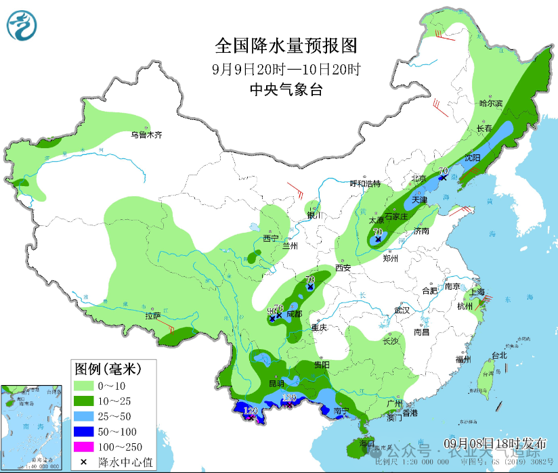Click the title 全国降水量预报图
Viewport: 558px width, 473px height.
tap(285, 46)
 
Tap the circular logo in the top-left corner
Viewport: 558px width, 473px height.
tap(23, 26)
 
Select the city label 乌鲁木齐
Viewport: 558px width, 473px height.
tap(147, 135)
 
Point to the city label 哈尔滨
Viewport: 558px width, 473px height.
tap(491, 104)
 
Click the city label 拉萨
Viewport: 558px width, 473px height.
tap(153, 315)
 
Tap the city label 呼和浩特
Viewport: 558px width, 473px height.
tap(365, 183)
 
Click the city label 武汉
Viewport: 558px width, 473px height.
tap(402, 310)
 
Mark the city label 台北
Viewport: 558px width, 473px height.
tap(499, 355)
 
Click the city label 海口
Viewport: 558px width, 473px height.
tap(367, 444)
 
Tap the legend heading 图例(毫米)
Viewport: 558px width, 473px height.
tap(106, 369)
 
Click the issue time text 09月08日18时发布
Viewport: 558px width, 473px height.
tap(495, 443)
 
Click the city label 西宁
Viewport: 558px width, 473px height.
tap(271, 238)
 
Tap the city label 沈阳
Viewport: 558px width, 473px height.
tap(472, 158)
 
